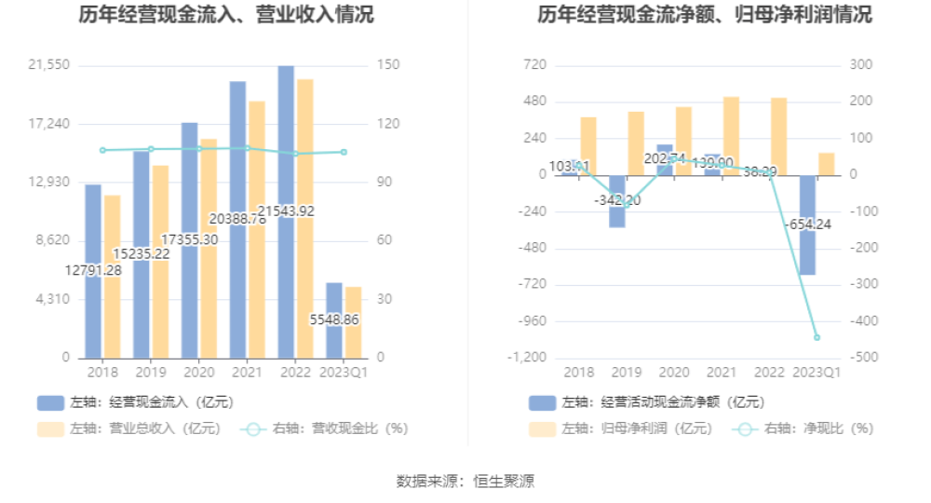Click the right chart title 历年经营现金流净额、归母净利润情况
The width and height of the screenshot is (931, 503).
705,15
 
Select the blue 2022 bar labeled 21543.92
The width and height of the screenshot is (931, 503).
286,140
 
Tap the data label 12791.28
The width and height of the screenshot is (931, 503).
93,270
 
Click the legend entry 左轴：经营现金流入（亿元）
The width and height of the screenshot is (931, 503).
135,402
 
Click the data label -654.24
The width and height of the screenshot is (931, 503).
806,224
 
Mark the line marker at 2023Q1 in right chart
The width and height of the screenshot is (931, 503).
816,337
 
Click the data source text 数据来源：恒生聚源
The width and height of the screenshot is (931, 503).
465,481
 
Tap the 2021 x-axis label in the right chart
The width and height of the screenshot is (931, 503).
721,373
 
